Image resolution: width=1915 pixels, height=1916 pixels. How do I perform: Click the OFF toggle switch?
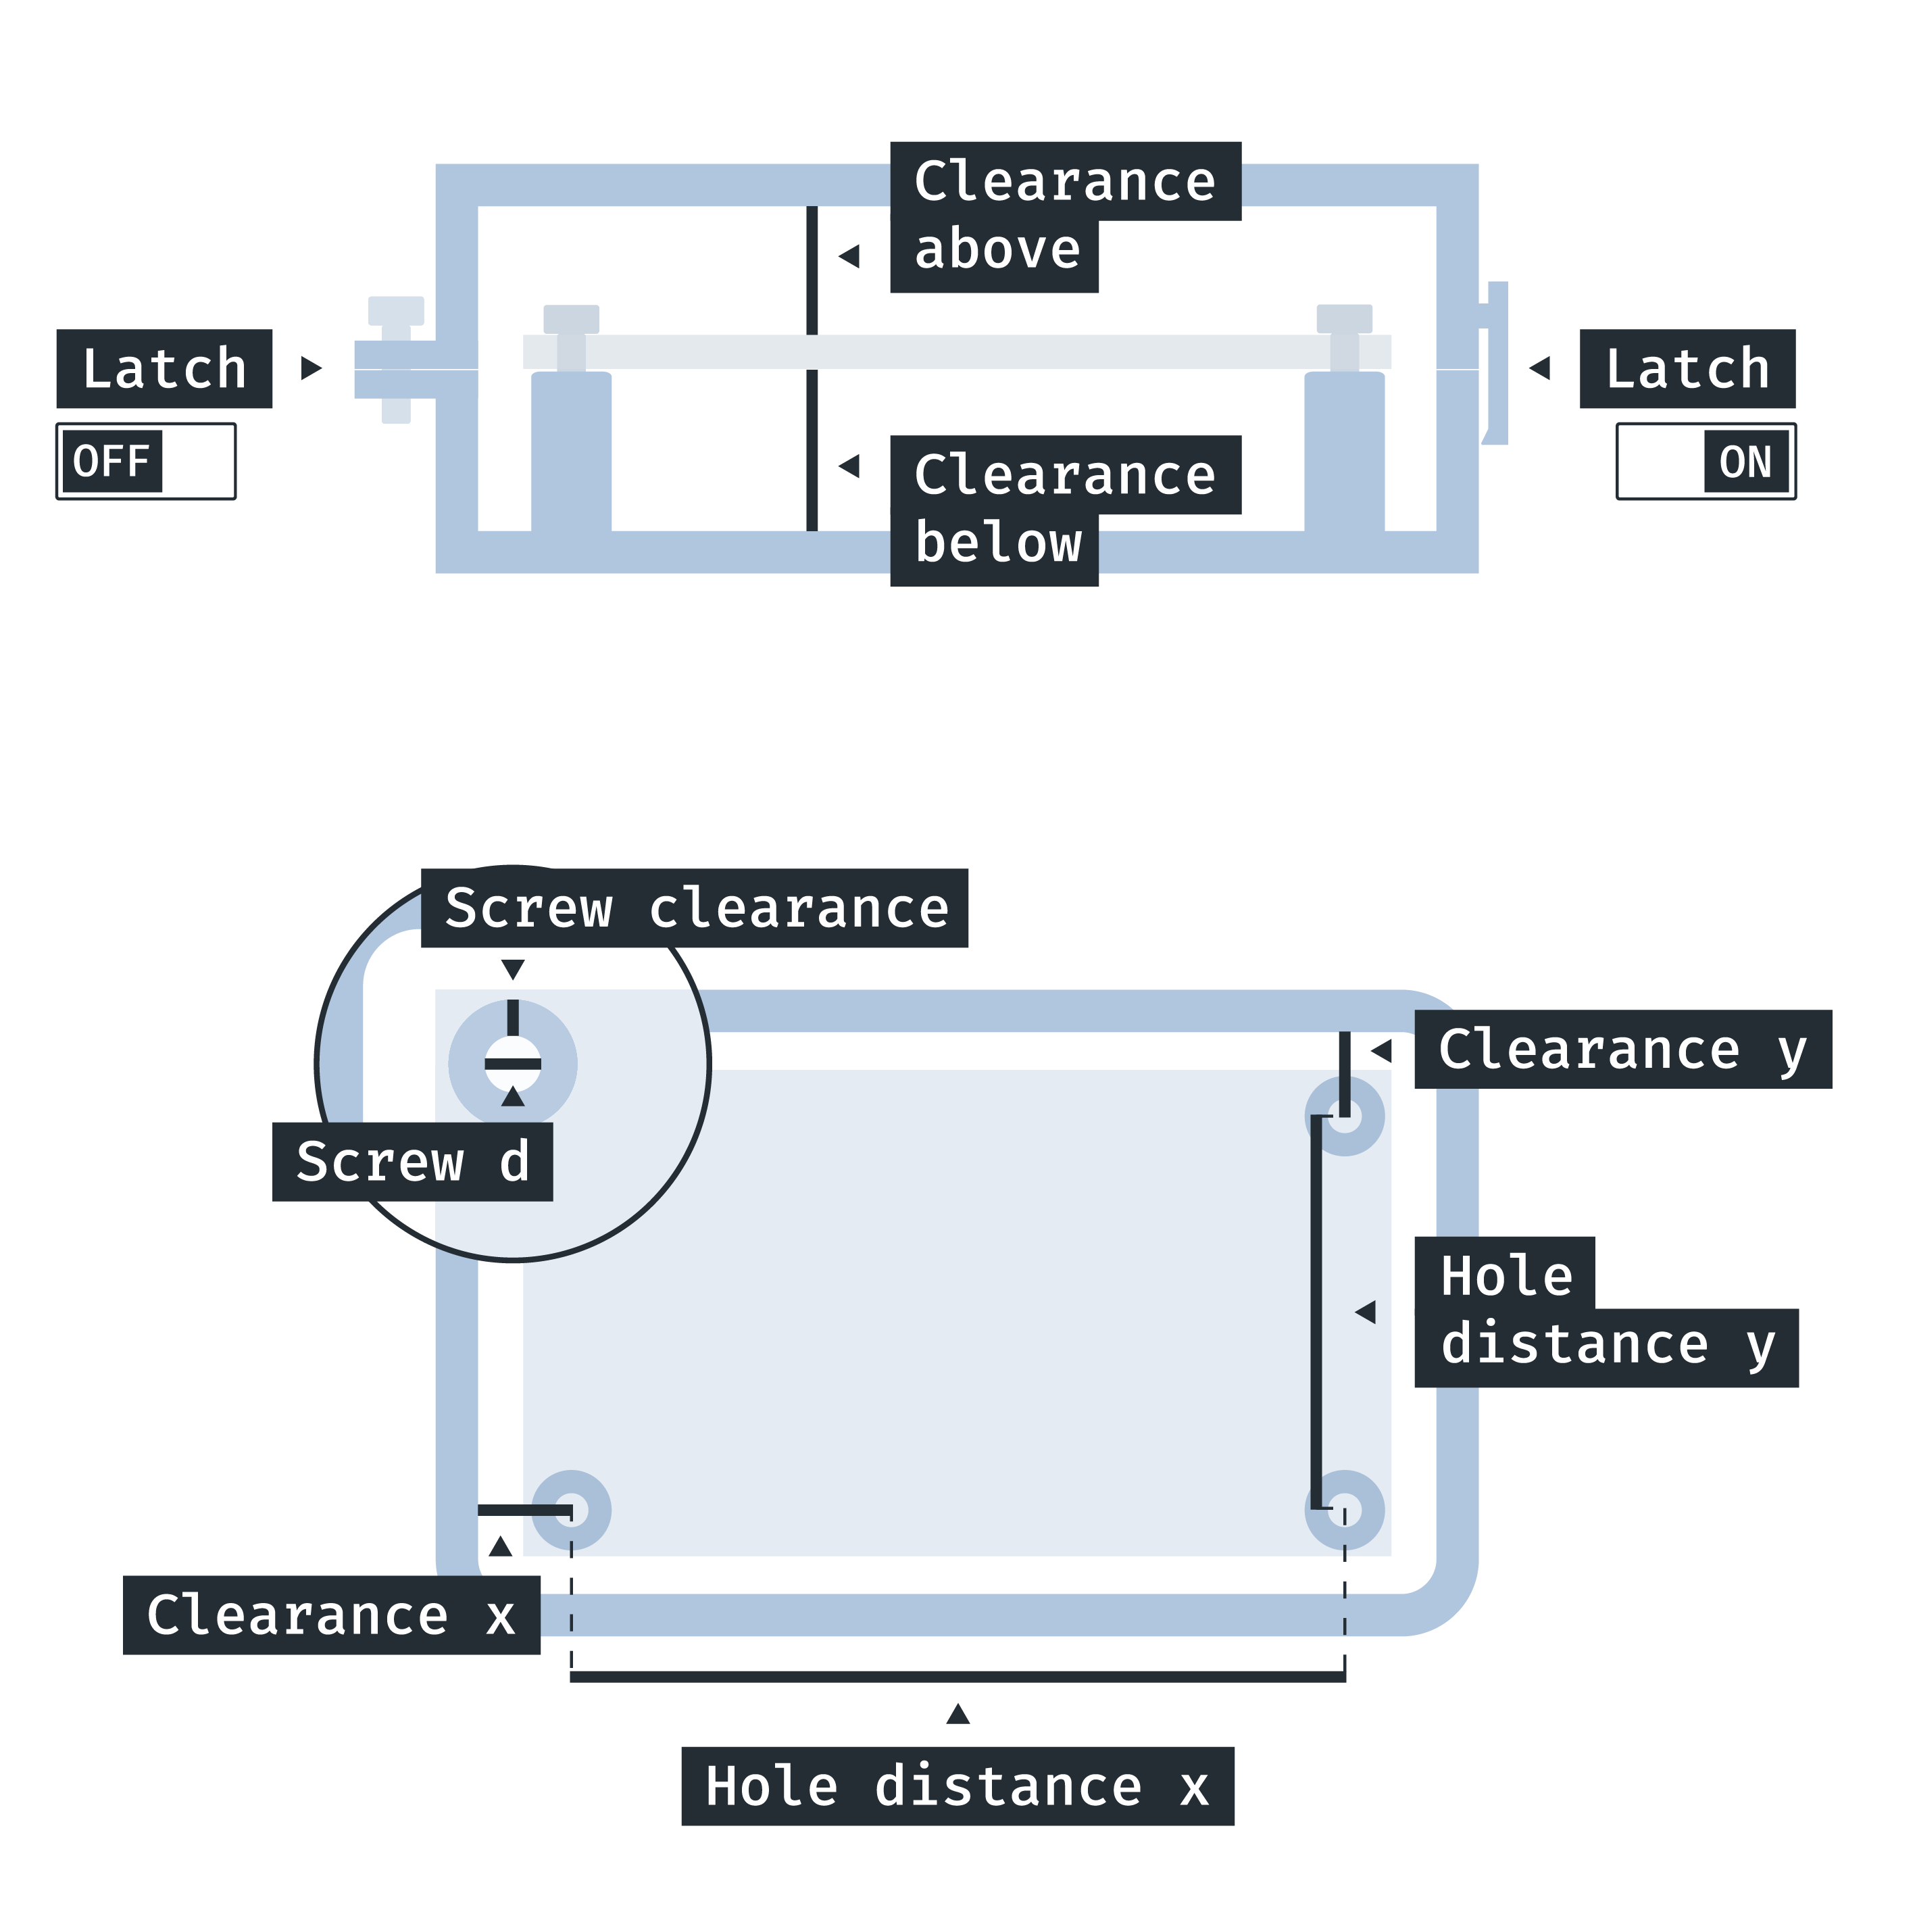pyautogui.click(x=146, y=461)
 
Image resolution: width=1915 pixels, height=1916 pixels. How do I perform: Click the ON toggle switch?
pyautogui.click(x=1705, y=461)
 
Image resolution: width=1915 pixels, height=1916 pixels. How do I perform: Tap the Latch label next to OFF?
pyautogui.click(x=164, y=369)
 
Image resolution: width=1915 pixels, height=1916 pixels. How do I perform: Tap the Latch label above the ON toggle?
pyautogui.click(x=1687, y=369)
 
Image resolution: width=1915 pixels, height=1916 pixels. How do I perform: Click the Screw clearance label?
pyautogui.click(x=694, y=908)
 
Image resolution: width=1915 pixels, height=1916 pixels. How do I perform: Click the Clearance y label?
pyautogui.click(x=1622, y=1049)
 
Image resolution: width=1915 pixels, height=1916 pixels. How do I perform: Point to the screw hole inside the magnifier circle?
pyautogui.click(x=513, y=1063)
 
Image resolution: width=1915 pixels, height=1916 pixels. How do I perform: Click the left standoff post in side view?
pyautogui.click(x=571, y=451)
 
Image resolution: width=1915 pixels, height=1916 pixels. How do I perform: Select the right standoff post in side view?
pyautogui.click(x=1344, y=451)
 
